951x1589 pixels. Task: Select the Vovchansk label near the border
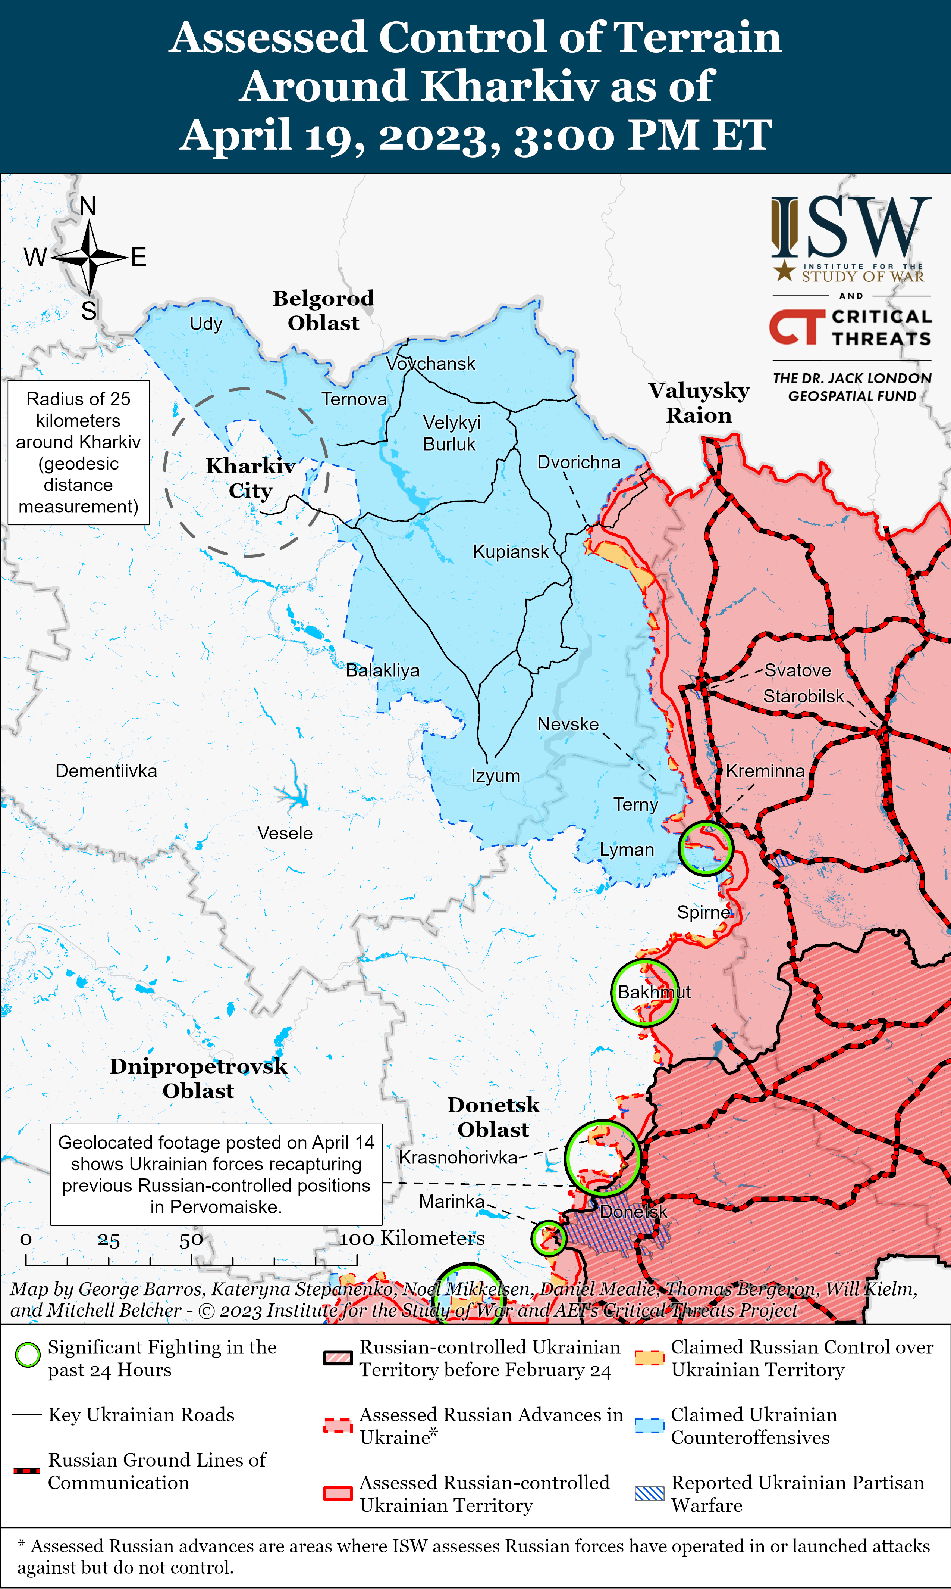tap(431, 364)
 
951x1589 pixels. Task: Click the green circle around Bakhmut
tap(645, 993)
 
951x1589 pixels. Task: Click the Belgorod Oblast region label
tap(324, 310)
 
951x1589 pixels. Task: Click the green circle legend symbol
tap(28, 1356)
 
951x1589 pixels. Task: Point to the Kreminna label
tap(765, 771)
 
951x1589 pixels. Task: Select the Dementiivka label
tap(106, 771)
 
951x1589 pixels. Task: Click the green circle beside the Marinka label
tap(549, 1238)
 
